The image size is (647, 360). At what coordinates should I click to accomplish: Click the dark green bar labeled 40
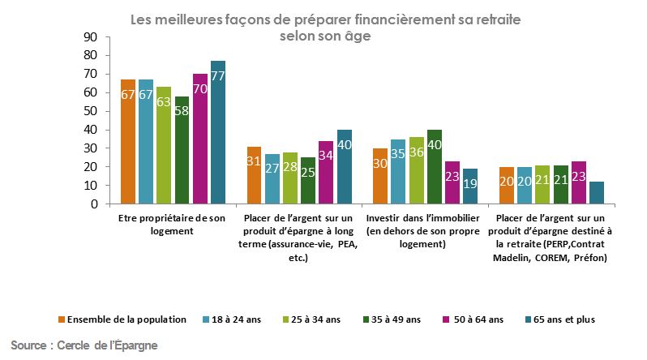(435, 167)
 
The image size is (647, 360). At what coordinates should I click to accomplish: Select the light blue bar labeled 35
(398, 172)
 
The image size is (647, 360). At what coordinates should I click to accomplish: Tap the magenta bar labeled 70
(199, 139)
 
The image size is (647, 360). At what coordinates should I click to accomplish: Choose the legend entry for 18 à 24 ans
(235, 319)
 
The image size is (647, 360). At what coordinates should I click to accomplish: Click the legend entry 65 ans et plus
(561, 319)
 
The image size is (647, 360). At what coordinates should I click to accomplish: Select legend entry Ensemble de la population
(126, 319)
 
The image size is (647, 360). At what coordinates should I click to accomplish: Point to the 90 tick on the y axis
(91, 37)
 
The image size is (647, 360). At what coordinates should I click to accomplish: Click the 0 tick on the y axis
(95, 204)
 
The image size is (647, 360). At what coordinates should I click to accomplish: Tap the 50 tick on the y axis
(91, 111)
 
